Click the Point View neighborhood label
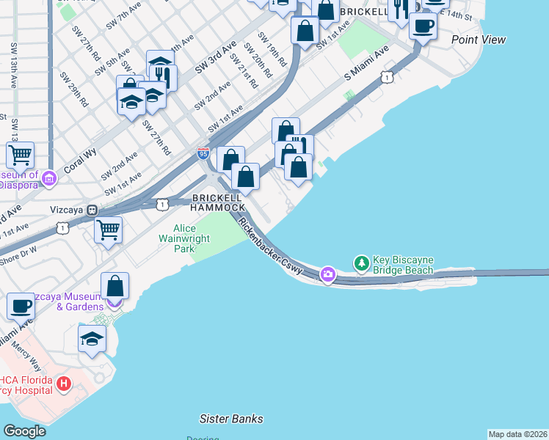click(479, 40)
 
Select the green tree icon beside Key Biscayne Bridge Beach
click(361, 262)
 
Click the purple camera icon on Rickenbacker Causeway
click(327, 274)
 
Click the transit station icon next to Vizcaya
click(92, 210)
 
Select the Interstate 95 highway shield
click(203, 153)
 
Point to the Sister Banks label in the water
click(231, 419)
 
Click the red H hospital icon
click(64, 383)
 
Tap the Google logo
click(24, 431)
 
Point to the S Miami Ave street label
click(366, 65)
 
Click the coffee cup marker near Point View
click(422, 26)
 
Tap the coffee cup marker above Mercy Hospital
click(21, 306)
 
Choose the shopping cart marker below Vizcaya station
click(109, 230)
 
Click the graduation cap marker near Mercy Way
click(92, 339)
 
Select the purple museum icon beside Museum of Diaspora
click(49, 177)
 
